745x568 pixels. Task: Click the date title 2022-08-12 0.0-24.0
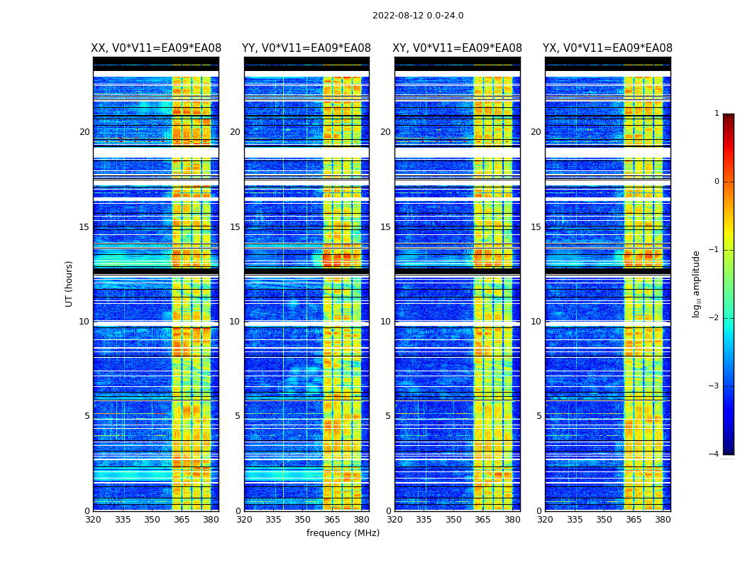(x=418, y=16)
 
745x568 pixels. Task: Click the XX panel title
(x=156, y=48)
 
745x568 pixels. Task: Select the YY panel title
(x=307, y=48)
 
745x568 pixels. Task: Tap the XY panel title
(x=458, y=48)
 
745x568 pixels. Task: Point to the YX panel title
(x=607, y=48)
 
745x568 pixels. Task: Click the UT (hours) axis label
(x=70, y=283)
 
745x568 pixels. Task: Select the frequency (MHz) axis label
(x=343, y=533)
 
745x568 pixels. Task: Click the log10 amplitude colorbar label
(x=697, y=283)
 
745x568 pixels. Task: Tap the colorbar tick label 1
(x=716, y=114)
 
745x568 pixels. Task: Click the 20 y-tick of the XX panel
(x=84, y=132)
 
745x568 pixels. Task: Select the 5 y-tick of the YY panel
(x=237, y=416)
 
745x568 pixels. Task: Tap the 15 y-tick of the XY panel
(x=385, y=227)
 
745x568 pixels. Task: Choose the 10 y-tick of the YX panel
(x=536, y=322)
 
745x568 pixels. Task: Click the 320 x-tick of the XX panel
(x=93, y=520)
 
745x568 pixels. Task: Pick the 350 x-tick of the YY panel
(x=303, y=520)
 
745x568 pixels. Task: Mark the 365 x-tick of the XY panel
(x=482, y=520)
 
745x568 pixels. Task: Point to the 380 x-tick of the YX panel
(x=663, y=520)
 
